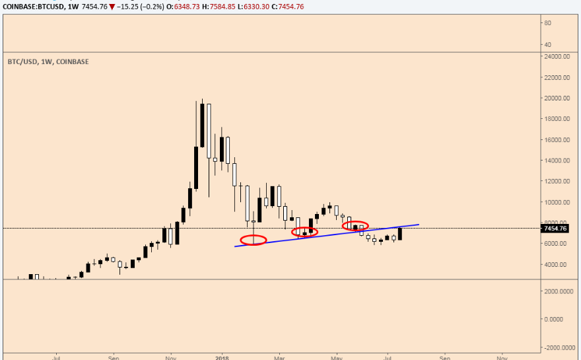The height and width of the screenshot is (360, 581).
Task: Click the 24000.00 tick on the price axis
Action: click(556, 57)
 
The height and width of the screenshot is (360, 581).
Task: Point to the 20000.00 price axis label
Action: click(556, 98)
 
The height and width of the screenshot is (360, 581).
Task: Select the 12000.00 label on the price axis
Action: click(556, 181)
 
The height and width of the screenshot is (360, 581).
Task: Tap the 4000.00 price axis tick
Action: click(556, 264)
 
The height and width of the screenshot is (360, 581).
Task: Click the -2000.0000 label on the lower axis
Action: click(556, 347)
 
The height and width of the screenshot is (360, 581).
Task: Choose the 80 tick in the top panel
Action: click(547, 23)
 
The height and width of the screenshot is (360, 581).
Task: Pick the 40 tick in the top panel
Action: click(547, 44)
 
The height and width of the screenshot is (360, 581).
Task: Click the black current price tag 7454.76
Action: click(553, 229)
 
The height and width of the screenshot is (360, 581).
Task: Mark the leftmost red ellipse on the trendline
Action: click(254, 240)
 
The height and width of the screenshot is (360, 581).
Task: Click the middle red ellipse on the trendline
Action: click(304, 232)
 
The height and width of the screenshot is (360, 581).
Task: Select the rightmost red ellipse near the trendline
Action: click(355, 226)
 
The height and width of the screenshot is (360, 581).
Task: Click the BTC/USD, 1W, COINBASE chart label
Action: click(48, 61)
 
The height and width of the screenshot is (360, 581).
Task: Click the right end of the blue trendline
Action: click(419, 225)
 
